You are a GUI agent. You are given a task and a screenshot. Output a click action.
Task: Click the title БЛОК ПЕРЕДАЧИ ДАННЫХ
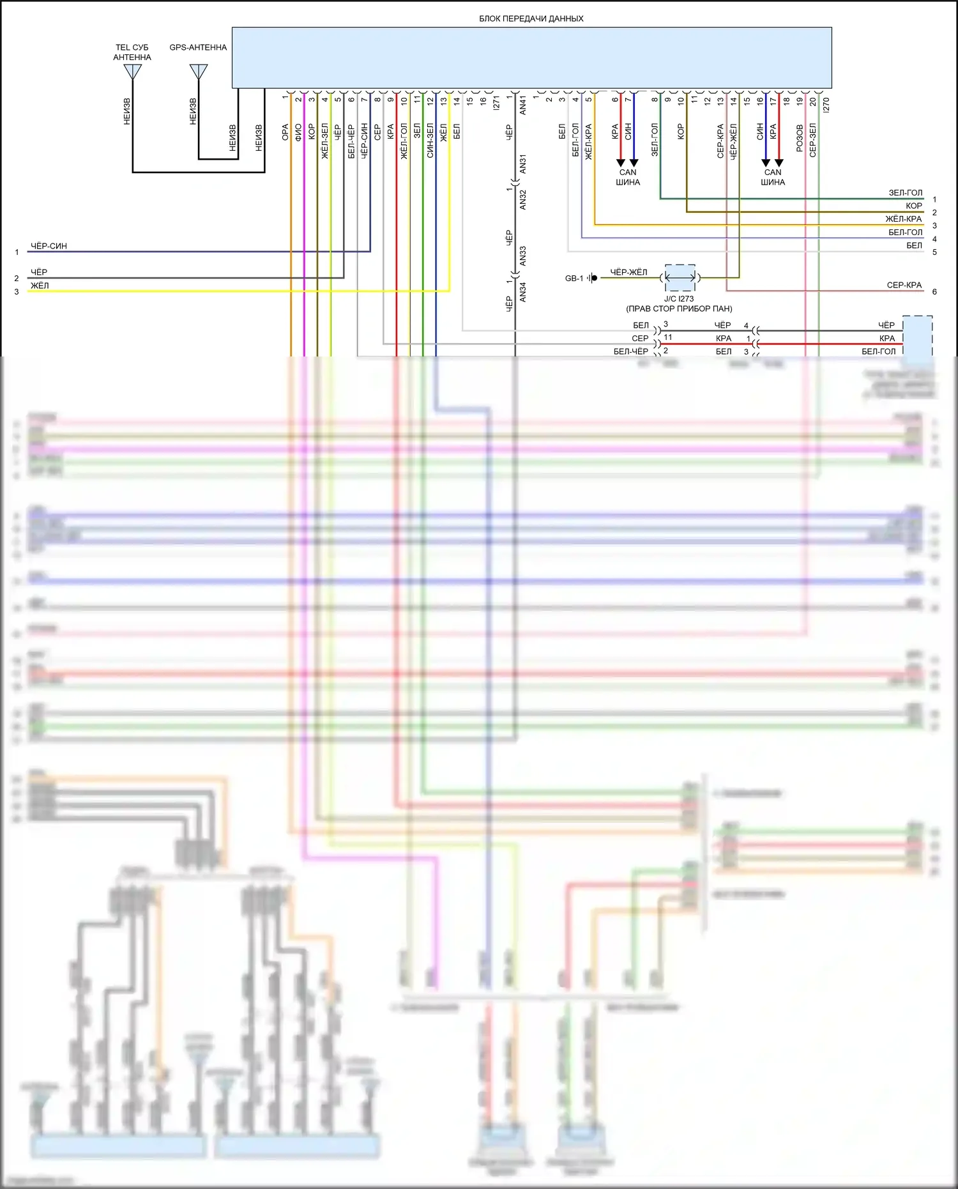pos(531,19)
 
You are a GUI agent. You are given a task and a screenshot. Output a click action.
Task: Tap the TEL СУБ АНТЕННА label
pos(132,52)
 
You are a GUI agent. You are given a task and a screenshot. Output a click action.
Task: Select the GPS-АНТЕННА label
pos(198,47)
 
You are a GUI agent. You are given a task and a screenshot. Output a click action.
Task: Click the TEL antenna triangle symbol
pos(132,71)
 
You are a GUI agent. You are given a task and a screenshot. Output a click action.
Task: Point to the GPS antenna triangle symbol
pos(199,71)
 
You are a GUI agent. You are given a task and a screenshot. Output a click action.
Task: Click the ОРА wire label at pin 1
pos(285,132)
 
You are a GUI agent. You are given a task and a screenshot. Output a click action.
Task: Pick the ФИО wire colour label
pos(298,132)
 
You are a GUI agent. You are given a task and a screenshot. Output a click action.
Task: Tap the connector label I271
pos(497,104)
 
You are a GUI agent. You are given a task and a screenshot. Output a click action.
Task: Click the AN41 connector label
pos(523,105)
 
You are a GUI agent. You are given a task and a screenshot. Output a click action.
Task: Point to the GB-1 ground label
pos(574,279)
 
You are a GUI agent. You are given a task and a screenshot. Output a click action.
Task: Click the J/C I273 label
pos(678,299)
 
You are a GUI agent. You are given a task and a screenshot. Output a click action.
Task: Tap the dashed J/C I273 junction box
pos(680,278)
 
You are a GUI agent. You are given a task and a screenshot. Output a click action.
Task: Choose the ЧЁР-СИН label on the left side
pos(49,246)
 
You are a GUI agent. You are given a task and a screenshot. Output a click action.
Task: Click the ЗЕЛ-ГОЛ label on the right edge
pos(905,193)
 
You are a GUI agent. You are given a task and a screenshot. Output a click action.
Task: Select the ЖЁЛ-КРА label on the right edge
pos(903,219)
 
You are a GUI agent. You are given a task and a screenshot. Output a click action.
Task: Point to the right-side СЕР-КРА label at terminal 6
pos(904,286)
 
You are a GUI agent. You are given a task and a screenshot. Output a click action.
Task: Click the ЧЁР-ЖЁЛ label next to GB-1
pos(628,273)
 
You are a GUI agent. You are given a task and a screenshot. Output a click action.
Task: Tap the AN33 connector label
pos(523,256)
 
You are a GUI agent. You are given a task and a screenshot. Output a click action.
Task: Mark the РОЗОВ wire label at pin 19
pos(800,138)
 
